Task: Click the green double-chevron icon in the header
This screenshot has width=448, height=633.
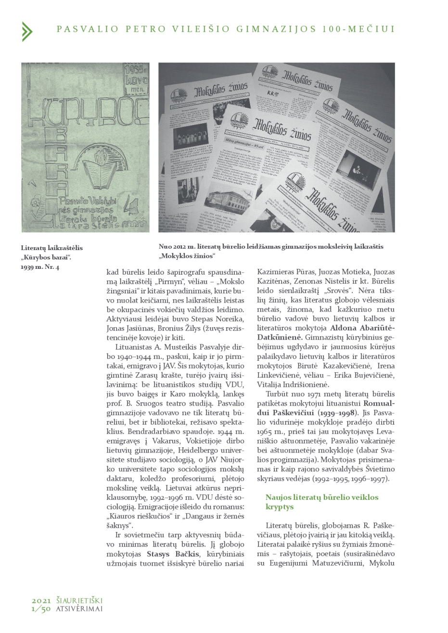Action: (27, 31)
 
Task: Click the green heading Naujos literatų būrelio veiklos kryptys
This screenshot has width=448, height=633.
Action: (321, 502)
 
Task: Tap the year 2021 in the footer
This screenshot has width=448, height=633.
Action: (41, 601)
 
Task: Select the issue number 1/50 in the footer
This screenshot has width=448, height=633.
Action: (41, 609)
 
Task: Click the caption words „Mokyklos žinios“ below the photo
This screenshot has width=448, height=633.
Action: (187, 255)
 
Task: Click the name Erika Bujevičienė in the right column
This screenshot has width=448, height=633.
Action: (368, 375)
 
